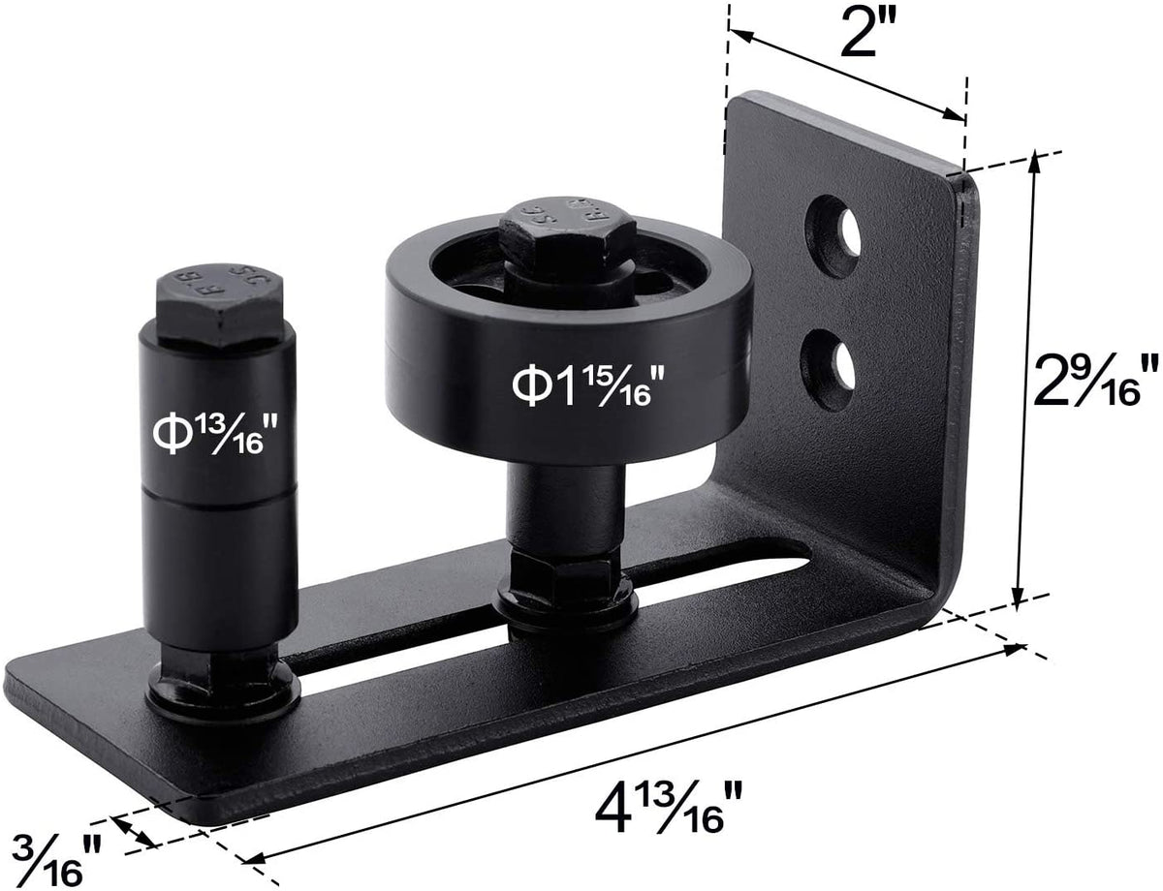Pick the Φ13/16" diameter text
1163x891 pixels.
(x=216, y=435)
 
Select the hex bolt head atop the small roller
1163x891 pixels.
(x=219, y=306)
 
